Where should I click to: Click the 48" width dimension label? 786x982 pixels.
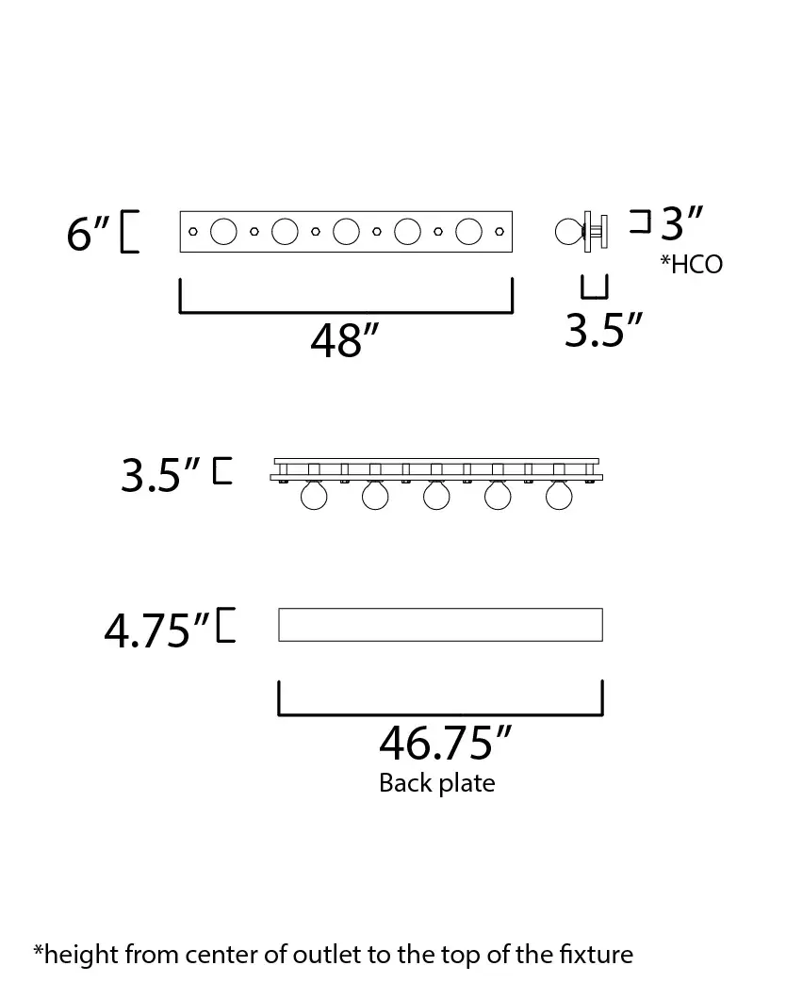(344, 341)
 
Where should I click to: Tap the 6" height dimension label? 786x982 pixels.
(89, 234)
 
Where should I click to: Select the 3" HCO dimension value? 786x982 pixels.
(682, 223)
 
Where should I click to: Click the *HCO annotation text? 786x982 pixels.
(692, 264)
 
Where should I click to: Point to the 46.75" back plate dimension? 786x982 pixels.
(445, 743)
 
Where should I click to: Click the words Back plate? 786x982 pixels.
(437, 783)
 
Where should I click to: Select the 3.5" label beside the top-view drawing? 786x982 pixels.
(160, 475)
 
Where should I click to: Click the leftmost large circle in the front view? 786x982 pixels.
(223, 232)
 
